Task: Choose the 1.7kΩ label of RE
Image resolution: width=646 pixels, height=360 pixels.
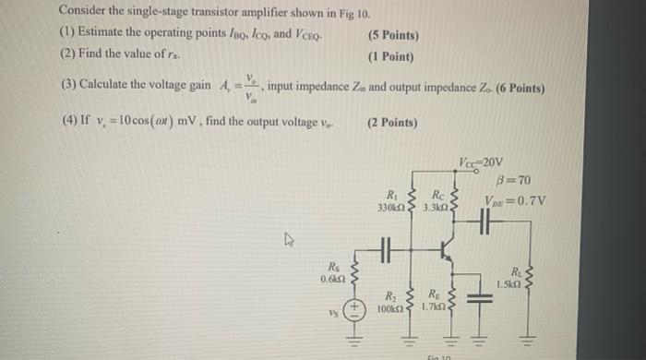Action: coord(432,306)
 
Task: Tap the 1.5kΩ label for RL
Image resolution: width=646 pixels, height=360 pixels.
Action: coord(509,283)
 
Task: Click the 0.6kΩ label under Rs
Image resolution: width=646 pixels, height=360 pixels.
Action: coord(333,278)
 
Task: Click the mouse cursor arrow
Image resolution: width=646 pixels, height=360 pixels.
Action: coord(287,242)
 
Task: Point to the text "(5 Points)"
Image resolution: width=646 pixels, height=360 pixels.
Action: coord(392,35)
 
